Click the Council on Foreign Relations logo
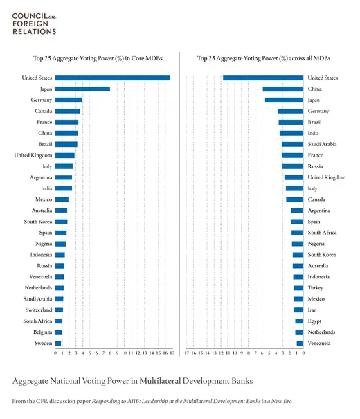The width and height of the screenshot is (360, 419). [x=34, y=22]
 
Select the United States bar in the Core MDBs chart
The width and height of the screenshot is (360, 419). [x=112, y=78]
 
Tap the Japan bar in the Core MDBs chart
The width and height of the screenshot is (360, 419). [x=82, y=89]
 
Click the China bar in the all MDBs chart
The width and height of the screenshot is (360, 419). [x=282, y=89]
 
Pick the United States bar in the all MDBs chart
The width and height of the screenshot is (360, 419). [x=262, y=78]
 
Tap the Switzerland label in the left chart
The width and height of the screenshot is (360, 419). [x=37, y=310]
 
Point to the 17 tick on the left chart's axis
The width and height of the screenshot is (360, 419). [x=170, y=353]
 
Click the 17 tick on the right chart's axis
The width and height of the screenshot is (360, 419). [x=186, y=353]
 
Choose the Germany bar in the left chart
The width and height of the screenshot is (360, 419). [x=69, y=100]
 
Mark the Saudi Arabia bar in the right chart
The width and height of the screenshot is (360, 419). [x=292, y=144]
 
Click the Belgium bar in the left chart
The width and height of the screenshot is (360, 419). [x=58, y=332]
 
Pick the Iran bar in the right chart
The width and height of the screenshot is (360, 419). [x=298, y=310]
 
